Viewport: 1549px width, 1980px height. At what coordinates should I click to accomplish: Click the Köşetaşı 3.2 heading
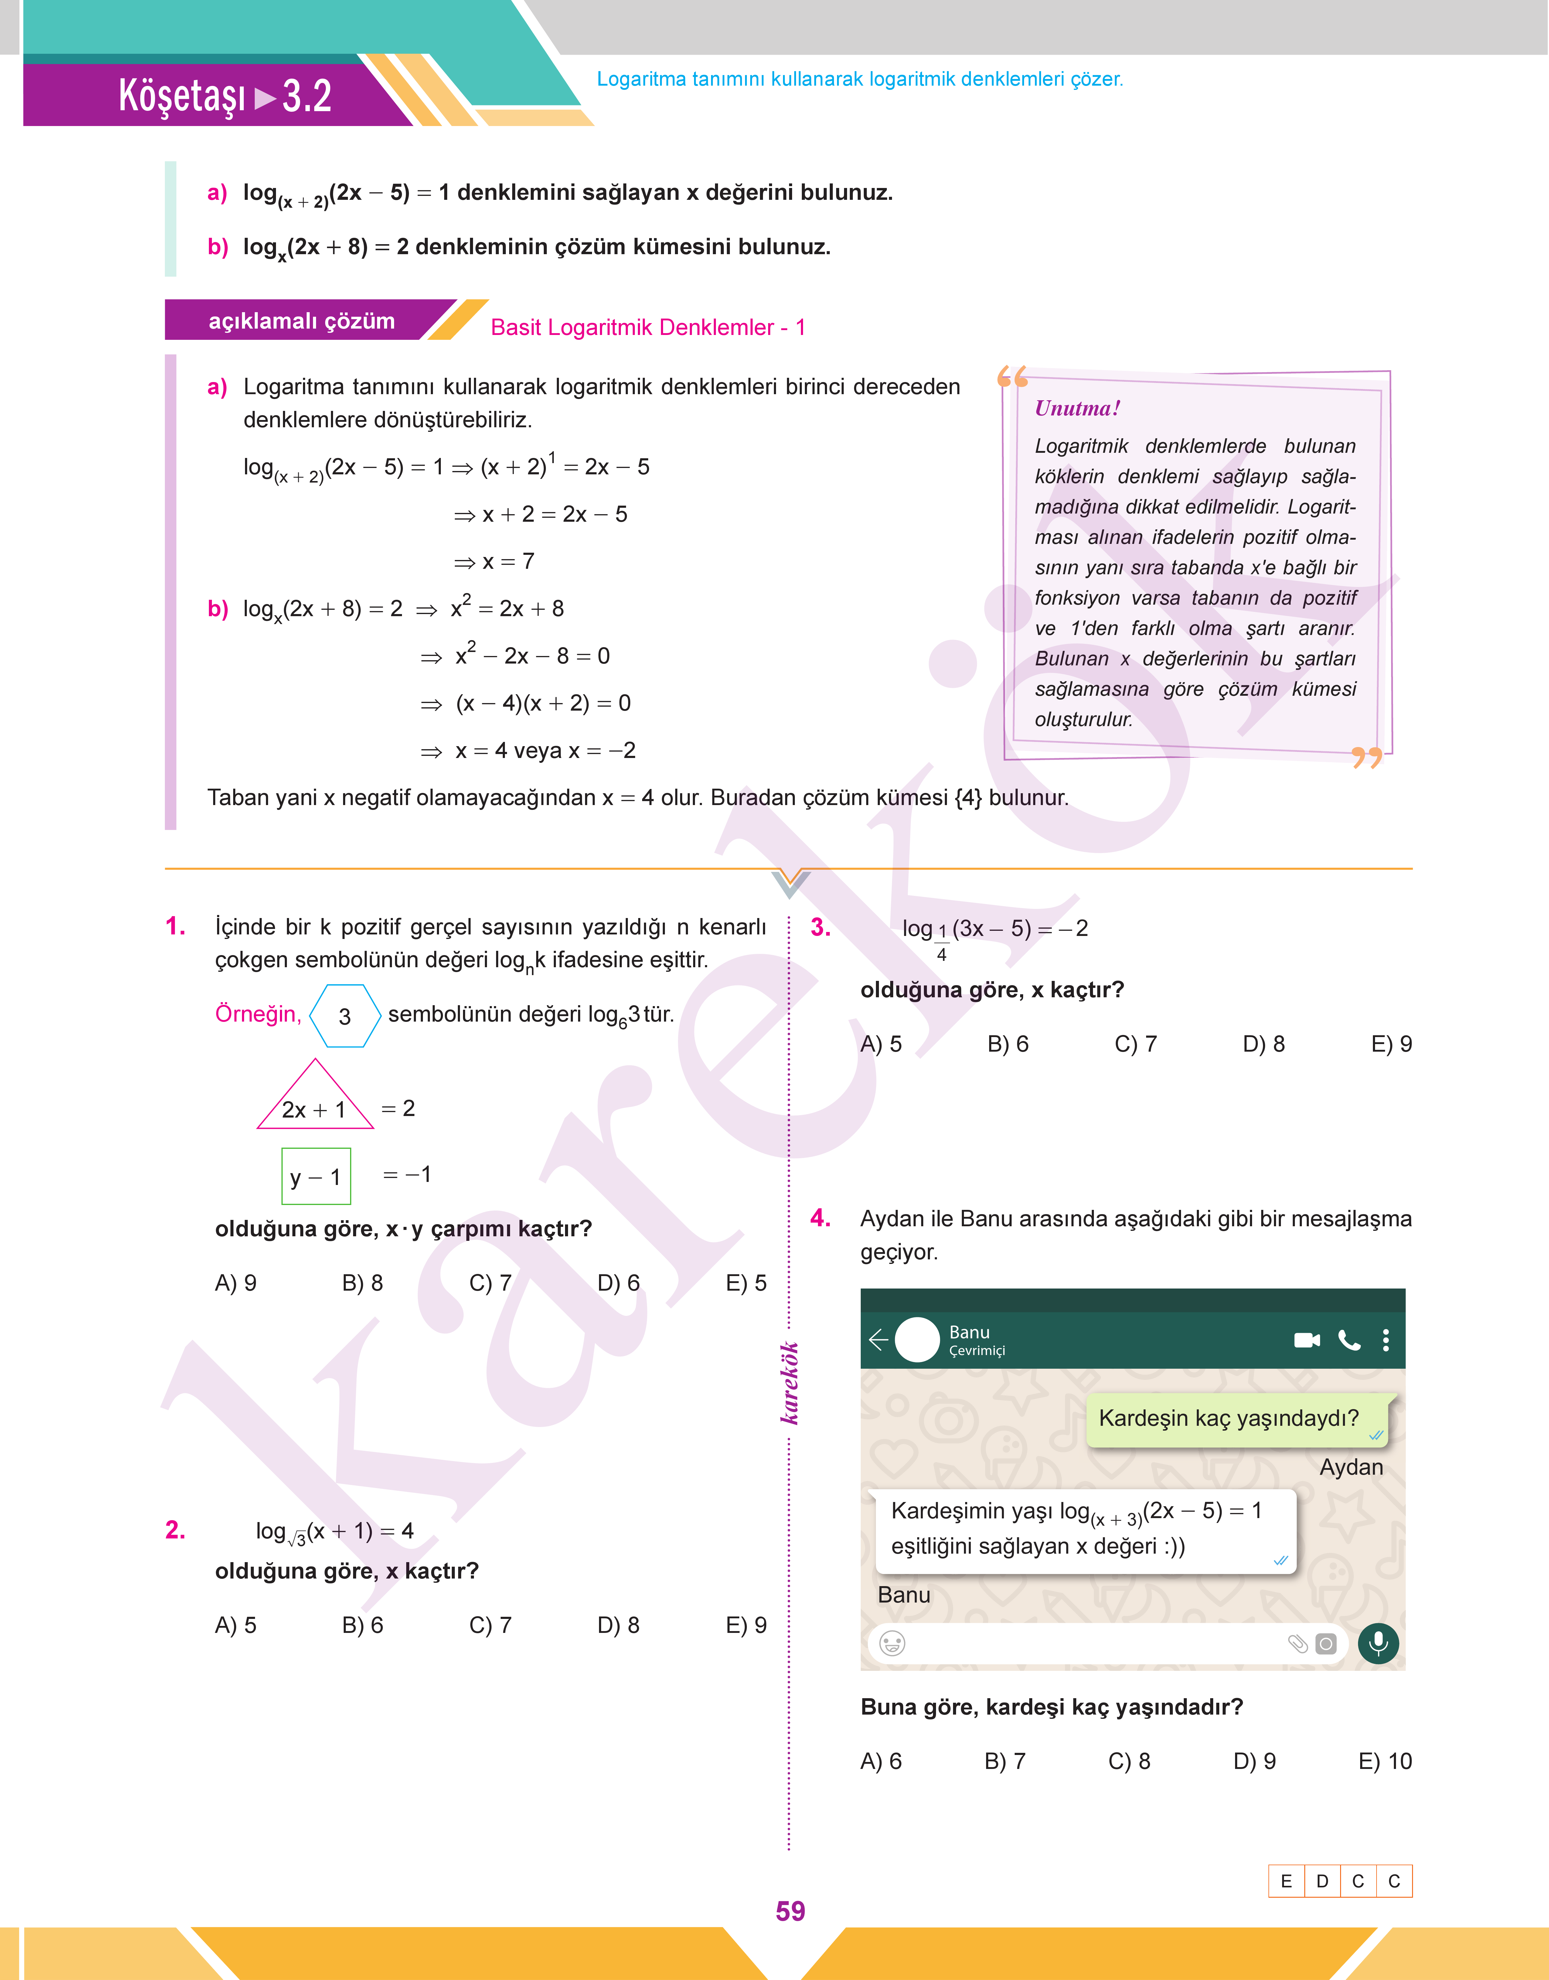click(x=225, y=96)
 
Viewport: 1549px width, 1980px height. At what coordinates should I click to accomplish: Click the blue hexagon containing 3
click(x=345, y=1016)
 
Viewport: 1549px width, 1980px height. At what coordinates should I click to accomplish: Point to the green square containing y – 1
click(x=316, y=1176)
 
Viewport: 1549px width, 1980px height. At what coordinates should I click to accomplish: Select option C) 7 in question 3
click(x=1135, y=1044)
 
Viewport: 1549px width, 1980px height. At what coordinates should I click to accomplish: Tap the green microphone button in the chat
click(x=1377, y=1643)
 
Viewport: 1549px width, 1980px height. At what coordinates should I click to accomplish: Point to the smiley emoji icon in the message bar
click(x=892, y=1643)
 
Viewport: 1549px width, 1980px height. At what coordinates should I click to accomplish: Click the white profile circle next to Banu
click(x=917, y=1340)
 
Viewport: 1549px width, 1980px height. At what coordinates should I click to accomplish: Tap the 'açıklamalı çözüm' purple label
click(x=302, y=321)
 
